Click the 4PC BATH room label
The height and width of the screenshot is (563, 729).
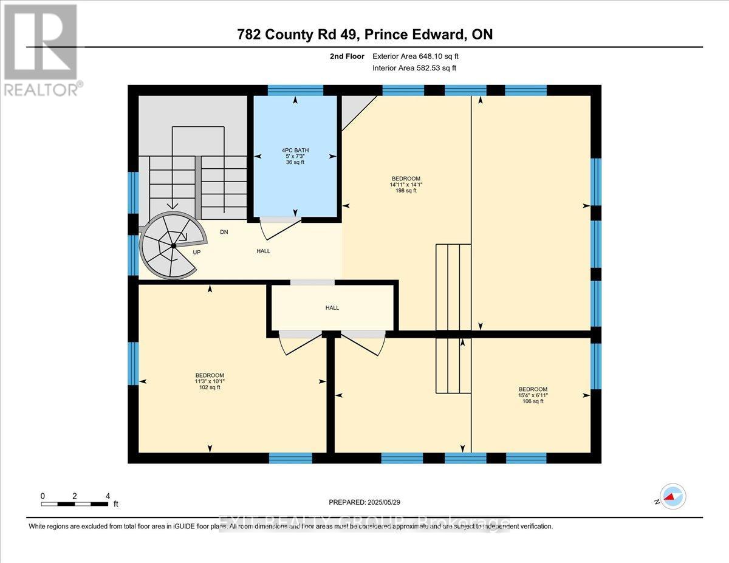[x=295, y=149]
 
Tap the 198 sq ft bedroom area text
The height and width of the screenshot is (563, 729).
[x=406, y=191]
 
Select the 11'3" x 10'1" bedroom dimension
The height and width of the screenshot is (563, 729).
[x=210, y=381]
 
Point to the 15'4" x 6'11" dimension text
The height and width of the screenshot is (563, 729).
[x=532, y=395]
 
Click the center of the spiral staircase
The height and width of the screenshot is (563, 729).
[x=174, y=245]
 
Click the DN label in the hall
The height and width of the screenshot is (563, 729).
[x=224, y=232]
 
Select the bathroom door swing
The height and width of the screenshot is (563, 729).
[x=279, y=227]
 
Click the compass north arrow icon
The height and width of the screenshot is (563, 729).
[x=673, y=497]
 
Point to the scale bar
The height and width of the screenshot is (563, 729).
[x=75, y=503]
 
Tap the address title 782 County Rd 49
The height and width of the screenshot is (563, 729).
[x=364, y=35]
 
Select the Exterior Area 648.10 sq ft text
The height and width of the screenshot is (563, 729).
[x=420, y=56]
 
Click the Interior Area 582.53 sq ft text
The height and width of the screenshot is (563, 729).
[x=414, y=68]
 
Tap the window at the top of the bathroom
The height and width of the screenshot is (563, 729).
[x=295, y=90]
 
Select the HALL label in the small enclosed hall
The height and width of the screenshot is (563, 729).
[x=332, y=308]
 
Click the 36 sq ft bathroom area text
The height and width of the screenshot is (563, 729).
[x=295, y=162]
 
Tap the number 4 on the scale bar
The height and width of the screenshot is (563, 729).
[x=108, y=496]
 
